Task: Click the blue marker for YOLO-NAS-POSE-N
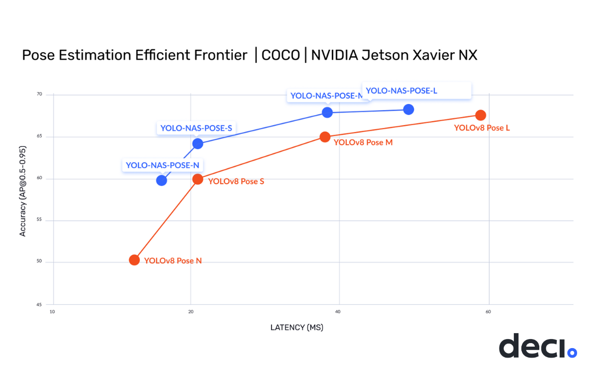tap(162, 180)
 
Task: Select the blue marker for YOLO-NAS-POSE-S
tap(198, 143)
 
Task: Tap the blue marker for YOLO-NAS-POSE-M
tap(327, 113)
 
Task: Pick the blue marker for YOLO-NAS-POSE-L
tap(409, 109)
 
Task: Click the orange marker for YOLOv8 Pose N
tap(134, 260)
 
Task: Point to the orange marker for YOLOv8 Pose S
tap(198, 179)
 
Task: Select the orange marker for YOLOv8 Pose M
tap(325, 136)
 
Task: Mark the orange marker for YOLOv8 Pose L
tap(481, 115)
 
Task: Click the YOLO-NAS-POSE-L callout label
tap(401, 91)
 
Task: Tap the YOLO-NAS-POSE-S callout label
tap(196, 128)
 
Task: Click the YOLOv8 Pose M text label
tap(363, 142)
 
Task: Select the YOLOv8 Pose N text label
tap(173, 260)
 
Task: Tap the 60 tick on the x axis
tap(488, 312)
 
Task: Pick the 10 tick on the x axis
tap(52, 312)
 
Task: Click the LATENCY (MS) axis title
tap(297, 327)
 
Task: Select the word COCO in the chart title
tap(281, 55)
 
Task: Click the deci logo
tap(537, 346)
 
